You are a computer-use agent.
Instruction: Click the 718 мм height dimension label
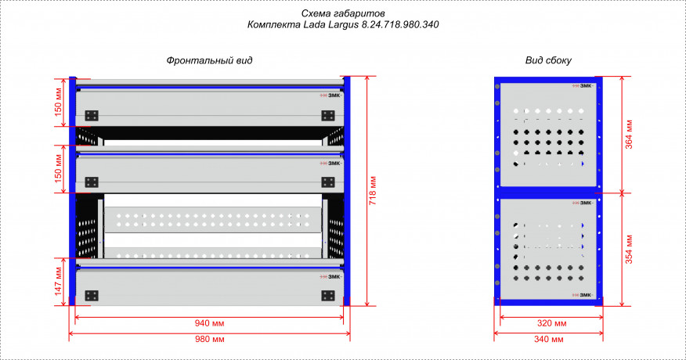(x=373, y=191)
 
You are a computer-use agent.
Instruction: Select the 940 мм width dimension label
(x=209, y=323)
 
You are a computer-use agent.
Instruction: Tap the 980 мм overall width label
(x=209, y=339)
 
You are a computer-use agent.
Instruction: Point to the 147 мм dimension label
(x=58, y=281)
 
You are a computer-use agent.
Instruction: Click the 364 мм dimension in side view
(x=629, y=135)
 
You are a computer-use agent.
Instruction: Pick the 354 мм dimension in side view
(x=629, y=250)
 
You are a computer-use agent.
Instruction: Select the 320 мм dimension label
(x=551, y=323)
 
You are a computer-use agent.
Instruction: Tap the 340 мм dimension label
(x=549, y=339)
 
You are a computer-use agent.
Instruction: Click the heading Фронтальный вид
(x=209, y=60)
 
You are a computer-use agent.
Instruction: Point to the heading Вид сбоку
(x=548, y=60)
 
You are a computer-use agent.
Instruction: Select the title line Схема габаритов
(x=343, y=13)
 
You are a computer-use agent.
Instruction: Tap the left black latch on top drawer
(x=92, y=116)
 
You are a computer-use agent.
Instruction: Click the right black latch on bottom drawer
(x=328, y=296)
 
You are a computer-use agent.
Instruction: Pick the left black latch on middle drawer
(x=92, y=182)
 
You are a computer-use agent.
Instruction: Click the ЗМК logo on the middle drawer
(x=330, y=163)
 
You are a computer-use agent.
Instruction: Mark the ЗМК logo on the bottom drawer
(x=330, y=276)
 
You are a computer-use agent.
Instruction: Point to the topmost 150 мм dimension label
(x=58, y=103)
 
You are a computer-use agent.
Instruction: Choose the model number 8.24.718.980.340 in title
(x=400, y=24)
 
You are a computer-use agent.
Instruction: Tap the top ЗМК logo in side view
(x=583, y=86)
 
